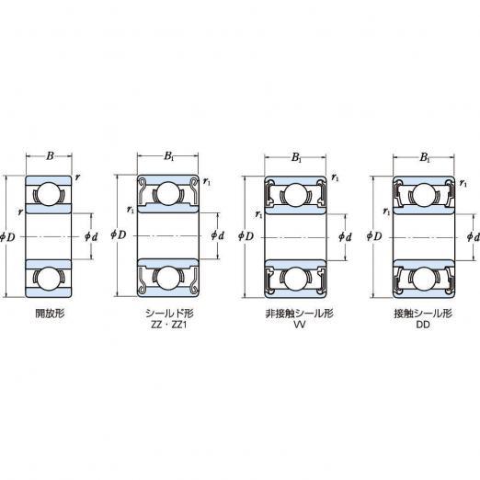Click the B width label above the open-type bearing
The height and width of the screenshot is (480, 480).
point(50,156)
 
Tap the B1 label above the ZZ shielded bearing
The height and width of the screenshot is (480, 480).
point(169,156)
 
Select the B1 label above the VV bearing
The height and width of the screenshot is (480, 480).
point(296,158)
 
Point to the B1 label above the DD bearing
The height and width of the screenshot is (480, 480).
point(425,158)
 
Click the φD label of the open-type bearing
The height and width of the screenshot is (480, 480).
point(7,236)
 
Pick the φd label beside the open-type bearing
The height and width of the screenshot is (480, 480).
point(91,236)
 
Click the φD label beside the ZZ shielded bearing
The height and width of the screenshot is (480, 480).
point(119,235)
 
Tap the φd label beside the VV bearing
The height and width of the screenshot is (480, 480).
point(345,236)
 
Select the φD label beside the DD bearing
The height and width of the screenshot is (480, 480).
point(374,236)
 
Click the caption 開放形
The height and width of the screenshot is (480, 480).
point(50,314)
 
